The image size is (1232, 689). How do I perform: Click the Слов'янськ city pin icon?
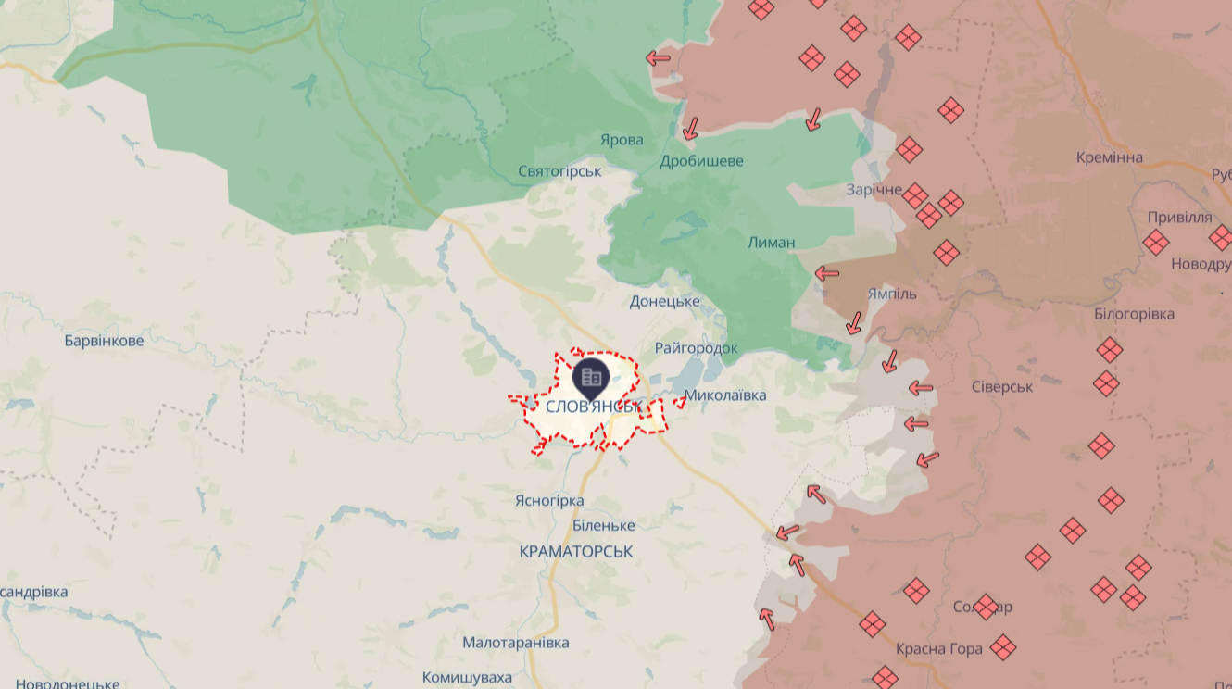point(591,376)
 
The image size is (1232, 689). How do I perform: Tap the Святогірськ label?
point(559,171)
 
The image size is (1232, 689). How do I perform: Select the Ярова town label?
point(622,140)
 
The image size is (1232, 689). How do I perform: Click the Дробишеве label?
point(701,161)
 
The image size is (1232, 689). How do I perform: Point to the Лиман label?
point(771,243)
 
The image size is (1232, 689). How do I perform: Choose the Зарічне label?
point(874,189)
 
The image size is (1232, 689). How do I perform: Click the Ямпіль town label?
point(892,294)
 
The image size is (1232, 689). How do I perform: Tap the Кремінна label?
point(1109,157)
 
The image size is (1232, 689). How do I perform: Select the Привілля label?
point(1179,218)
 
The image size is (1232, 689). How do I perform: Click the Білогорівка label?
point(1134,314)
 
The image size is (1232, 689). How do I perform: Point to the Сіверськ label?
point(1002,385)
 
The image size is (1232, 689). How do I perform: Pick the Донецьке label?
point(664,301)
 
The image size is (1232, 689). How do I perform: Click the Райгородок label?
point(696,348)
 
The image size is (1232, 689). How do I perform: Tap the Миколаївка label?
point(725,395)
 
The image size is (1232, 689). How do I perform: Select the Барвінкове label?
point(104,341)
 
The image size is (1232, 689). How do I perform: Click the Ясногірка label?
point(549,501)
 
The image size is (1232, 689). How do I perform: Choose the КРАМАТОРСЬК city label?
point(576,551)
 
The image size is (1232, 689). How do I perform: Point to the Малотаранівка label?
point(516,643)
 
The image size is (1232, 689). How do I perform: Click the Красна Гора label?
point(939,649)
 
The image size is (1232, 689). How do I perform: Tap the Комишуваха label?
point(467,678)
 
